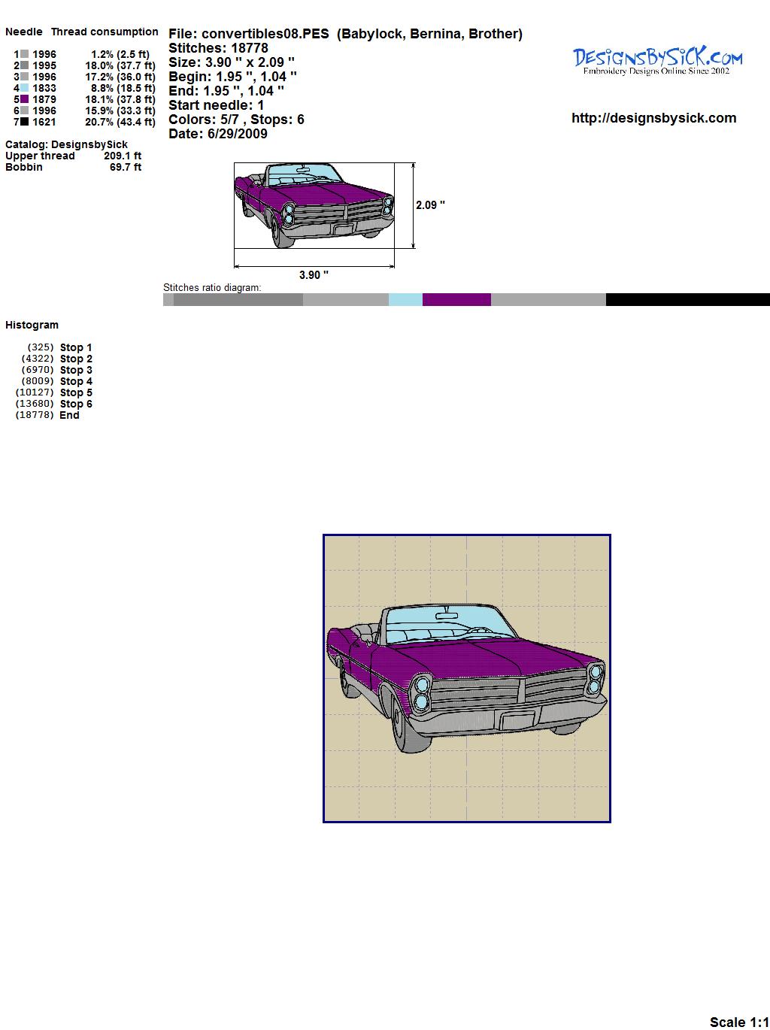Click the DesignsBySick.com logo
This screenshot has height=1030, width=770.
pyautogui.click(x=657, y=61)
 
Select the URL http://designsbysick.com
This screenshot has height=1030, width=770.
pyautogui.click(x=653, y=118)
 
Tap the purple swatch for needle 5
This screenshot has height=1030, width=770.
pyautogui.click(x=24, y=99)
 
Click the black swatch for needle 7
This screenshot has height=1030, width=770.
pyautogui.click(x=24, y=122)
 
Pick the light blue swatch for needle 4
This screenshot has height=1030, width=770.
pyautogui.click(x=24, y=88)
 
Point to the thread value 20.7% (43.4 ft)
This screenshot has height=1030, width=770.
pyautogui.click(x=120, y=122)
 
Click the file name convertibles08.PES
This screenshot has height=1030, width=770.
pyautogui.click(x=265, y=34)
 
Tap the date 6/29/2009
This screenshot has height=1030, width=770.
pyautogui.click(x=238, y=134)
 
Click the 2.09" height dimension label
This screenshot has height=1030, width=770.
pyautogui.click(x=430, y=205)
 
